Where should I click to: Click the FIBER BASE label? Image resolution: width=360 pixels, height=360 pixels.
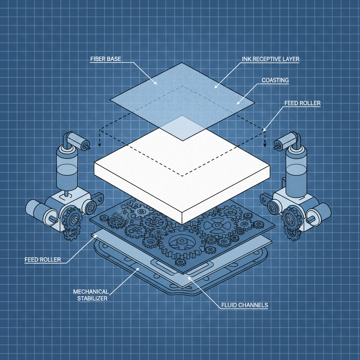point(105,59)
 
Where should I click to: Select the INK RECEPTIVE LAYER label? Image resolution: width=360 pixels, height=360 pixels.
point(271,59)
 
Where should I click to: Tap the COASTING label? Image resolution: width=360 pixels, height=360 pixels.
point(275,81)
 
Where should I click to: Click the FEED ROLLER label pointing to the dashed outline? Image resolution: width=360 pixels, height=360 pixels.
point(302,103)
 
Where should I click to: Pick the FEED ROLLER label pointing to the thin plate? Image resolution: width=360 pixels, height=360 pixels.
point(43,260)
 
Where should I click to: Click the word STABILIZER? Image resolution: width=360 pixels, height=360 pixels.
point(92,298)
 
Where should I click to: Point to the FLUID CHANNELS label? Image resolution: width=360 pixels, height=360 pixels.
point(245,305)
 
